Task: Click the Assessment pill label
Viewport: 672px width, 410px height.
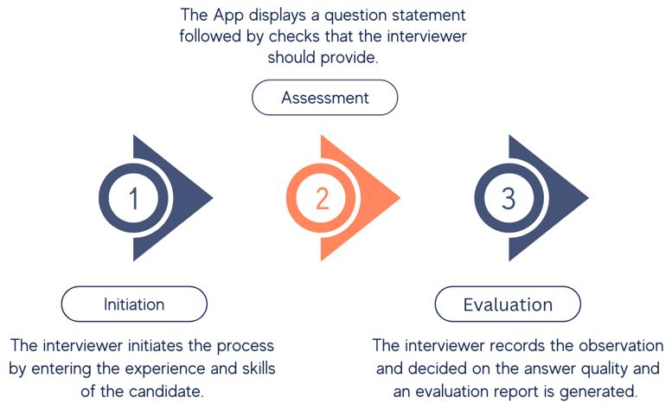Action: pos(324,98)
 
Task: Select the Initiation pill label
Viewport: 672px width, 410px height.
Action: pos(134,304)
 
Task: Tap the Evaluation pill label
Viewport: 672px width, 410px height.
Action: pos(508,304)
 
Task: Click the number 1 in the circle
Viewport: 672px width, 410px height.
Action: pos(134,199)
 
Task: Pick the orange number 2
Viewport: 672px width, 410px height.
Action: pos(322,199)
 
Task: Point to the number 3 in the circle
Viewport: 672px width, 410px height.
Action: pos(509,199)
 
